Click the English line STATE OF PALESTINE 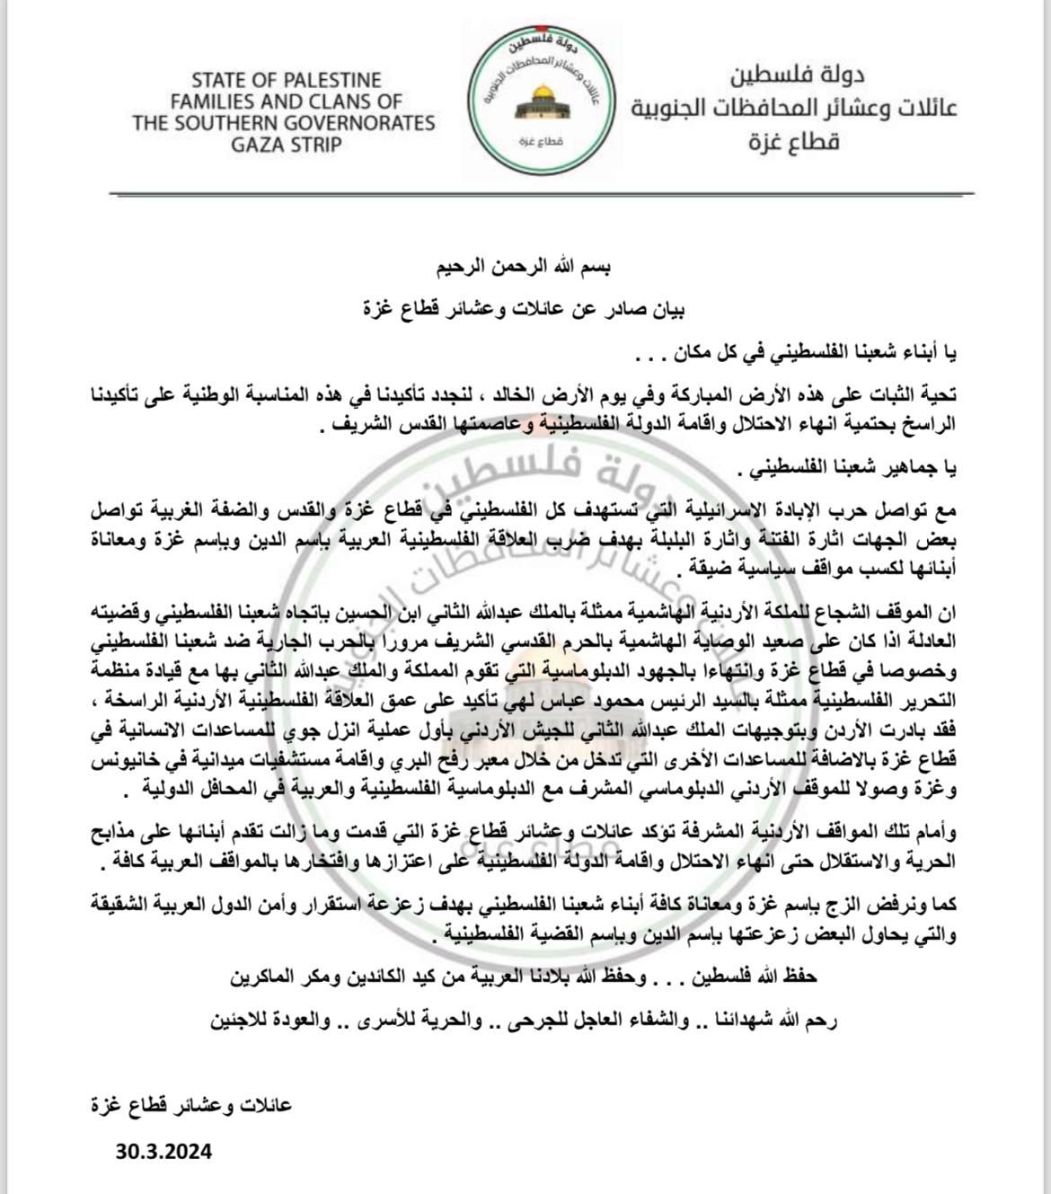286,79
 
